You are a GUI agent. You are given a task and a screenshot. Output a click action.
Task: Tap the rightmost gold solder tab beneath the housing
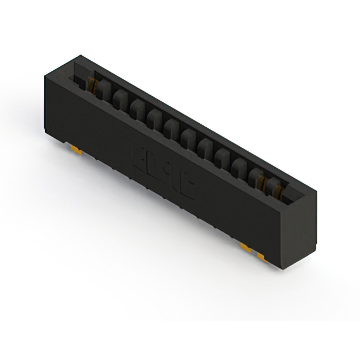(262, 256)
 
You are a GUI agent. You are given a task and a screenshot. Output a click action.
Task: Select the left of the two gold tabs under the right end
(246, 247)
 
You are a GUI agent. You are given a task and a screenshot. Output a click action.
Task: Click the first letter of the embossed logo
(137, 154)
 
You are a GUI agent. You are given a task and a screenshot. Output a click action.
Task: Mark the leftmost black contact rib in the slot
(103, 90)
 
